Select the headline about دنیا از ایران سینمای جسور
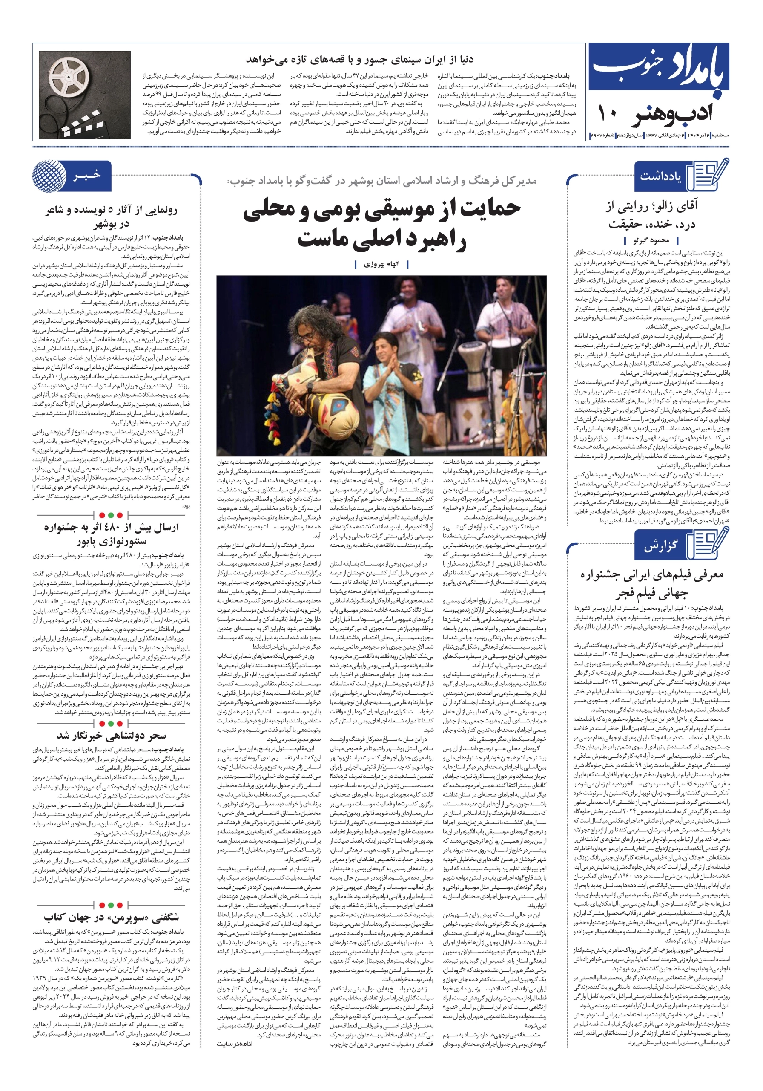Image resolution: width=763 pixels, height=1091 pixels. point(359,59)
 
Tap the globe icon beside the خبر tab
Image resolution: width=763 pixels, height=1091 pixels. point(49,176)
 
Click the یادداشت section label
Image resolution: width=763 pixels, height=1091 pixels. point(660,176)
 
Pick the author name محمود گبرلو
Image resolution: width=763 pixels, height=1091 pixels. point(651,240)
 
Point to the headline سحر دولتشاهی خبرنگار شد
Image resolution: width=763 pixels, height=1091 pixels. point(112,736)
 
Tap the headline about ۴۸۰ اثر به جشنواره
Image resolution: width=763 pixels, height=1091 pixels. point(112,528)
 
